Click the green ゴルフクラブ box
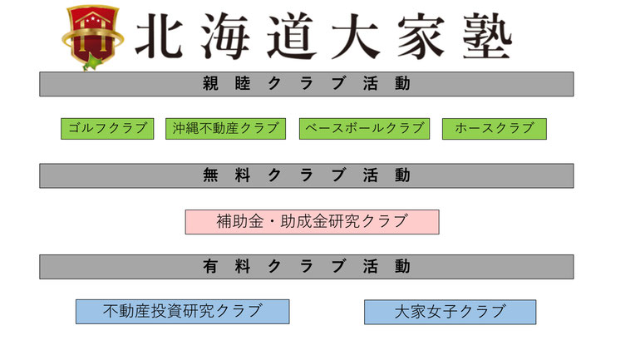[107, 129]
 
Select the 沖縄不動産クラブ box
[225, 129]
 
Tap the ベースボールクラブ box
[364, 129]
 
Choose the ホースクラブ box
[495, 129]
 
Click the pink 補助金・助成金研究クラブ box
[312, 222]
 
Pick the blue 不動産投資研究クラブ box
[182, 312]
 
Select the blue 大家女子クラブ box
[450, 312]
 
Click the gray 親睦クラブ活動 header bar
[306, 84]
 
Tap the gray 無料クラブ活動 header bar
[306, 175]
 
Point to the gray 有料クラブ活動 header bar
[306, 267]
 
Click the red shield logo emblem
[92, 37]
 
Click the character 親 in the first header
[210, 84]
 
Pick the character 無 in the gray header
[210, 175]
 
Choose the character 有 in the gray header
[210, 267]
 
